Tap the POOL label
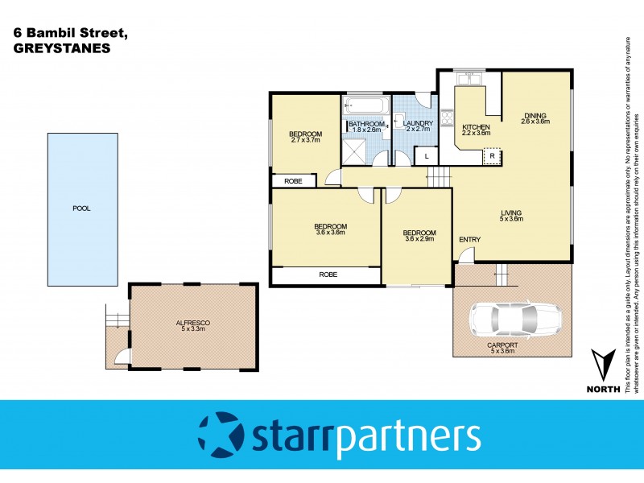coord(81,208)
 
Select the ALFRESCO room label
coord(192,325)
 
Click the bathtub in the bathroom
coord(363,107)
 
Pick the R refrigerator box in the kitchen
coord(492,155)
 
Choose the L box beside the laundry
coord(426,155)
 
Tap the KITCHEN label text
coord(476,128)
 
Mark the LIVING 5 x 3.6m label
coord(511,215)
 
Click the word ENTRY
coord(470,240)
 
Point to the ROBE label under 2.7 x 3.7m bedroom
coord(293,181)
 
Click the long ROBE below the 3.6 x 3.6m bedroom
coord(328,275)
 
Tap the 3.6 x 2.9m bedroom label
coord(419,236)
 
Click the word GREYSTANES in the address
coord(61,47)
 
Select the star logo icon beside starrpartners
coord(220,435)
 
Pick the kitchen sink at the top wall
coord(467,79)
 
